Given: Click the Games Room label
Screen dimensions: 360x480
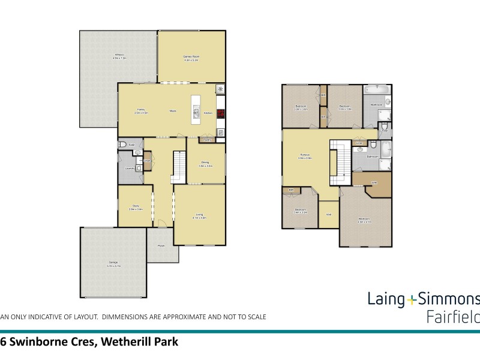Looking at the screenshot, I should [191, 57].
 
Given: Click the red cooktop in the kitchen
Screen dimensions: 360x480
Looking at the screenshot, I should [220, 112].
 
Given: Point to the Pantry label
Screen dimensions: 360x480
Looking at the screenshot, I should [206, 140].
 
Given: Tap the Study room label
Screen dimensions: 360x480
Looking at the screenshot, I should [135, 207].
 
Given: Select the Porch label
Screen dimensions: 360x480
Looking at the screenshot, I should [161, 246].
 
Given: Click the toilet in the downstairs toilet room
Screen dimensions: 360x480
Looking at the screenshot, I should [122, 145].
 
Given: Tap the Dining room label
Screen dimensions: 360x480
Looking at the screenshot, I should [206, 163].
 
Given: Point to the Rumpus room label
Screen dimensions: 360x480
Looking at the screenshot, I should [305, 157].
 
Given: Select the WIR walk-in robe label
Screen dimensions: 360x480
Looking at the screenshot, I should [373, 182].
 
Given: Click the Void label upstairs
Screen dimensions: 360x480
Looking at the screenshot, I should [329, 214].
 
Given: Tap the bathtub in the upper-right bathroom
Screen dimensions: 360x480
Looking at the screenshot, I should [377, 90].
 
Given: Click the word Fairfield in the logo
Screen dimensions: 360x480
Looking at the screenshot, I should [453, 316].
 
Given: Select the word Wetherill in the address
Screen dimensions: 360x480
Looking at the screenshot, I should [128, 343].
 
